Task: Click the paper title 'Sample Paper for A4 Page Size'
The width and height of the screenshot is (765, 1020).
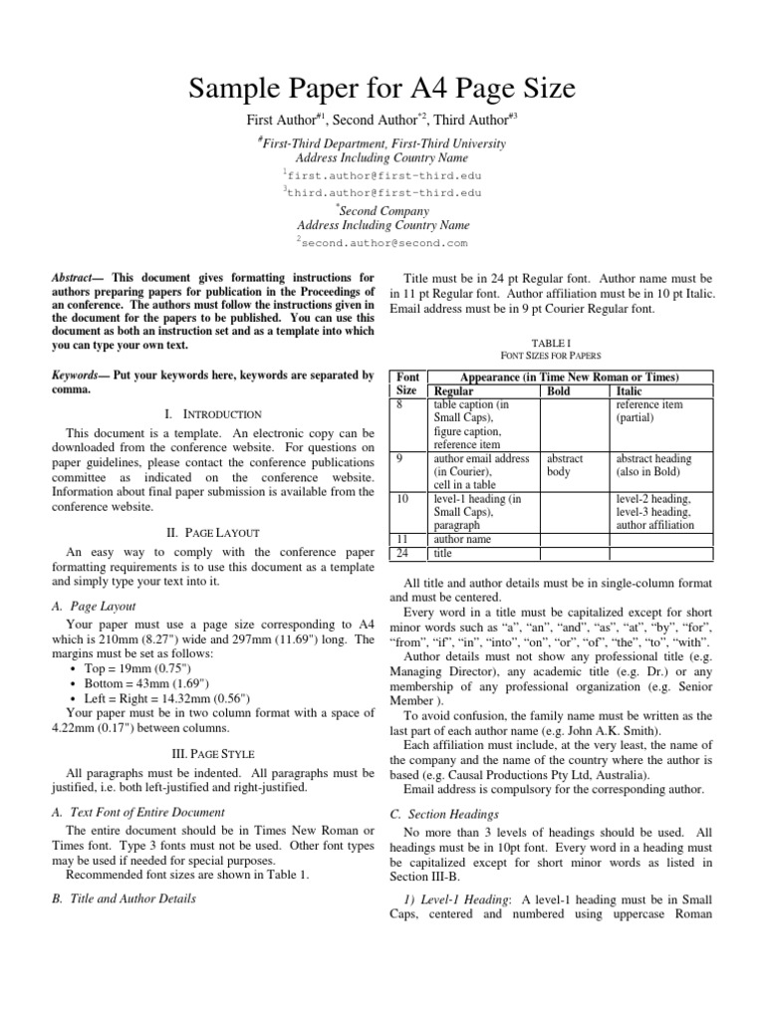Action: tap(382, 91)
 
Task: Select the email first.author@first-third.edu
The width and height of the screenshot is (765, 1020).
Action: tap(383, 173)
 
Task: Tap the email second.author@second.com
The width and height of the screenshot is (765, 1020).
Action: tap(383, 242)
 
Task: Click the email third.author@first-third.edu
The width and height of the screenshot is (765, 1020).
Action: tap(383, 191)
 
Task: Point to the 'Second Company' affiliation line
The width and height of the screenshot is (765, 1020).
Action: tap(383, 210)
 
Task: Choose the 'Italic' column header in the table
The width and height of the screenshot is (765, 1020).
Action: tap(630, 392)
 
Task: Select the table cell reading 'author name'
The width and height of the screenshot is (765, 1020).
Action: tap(464, 539)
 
